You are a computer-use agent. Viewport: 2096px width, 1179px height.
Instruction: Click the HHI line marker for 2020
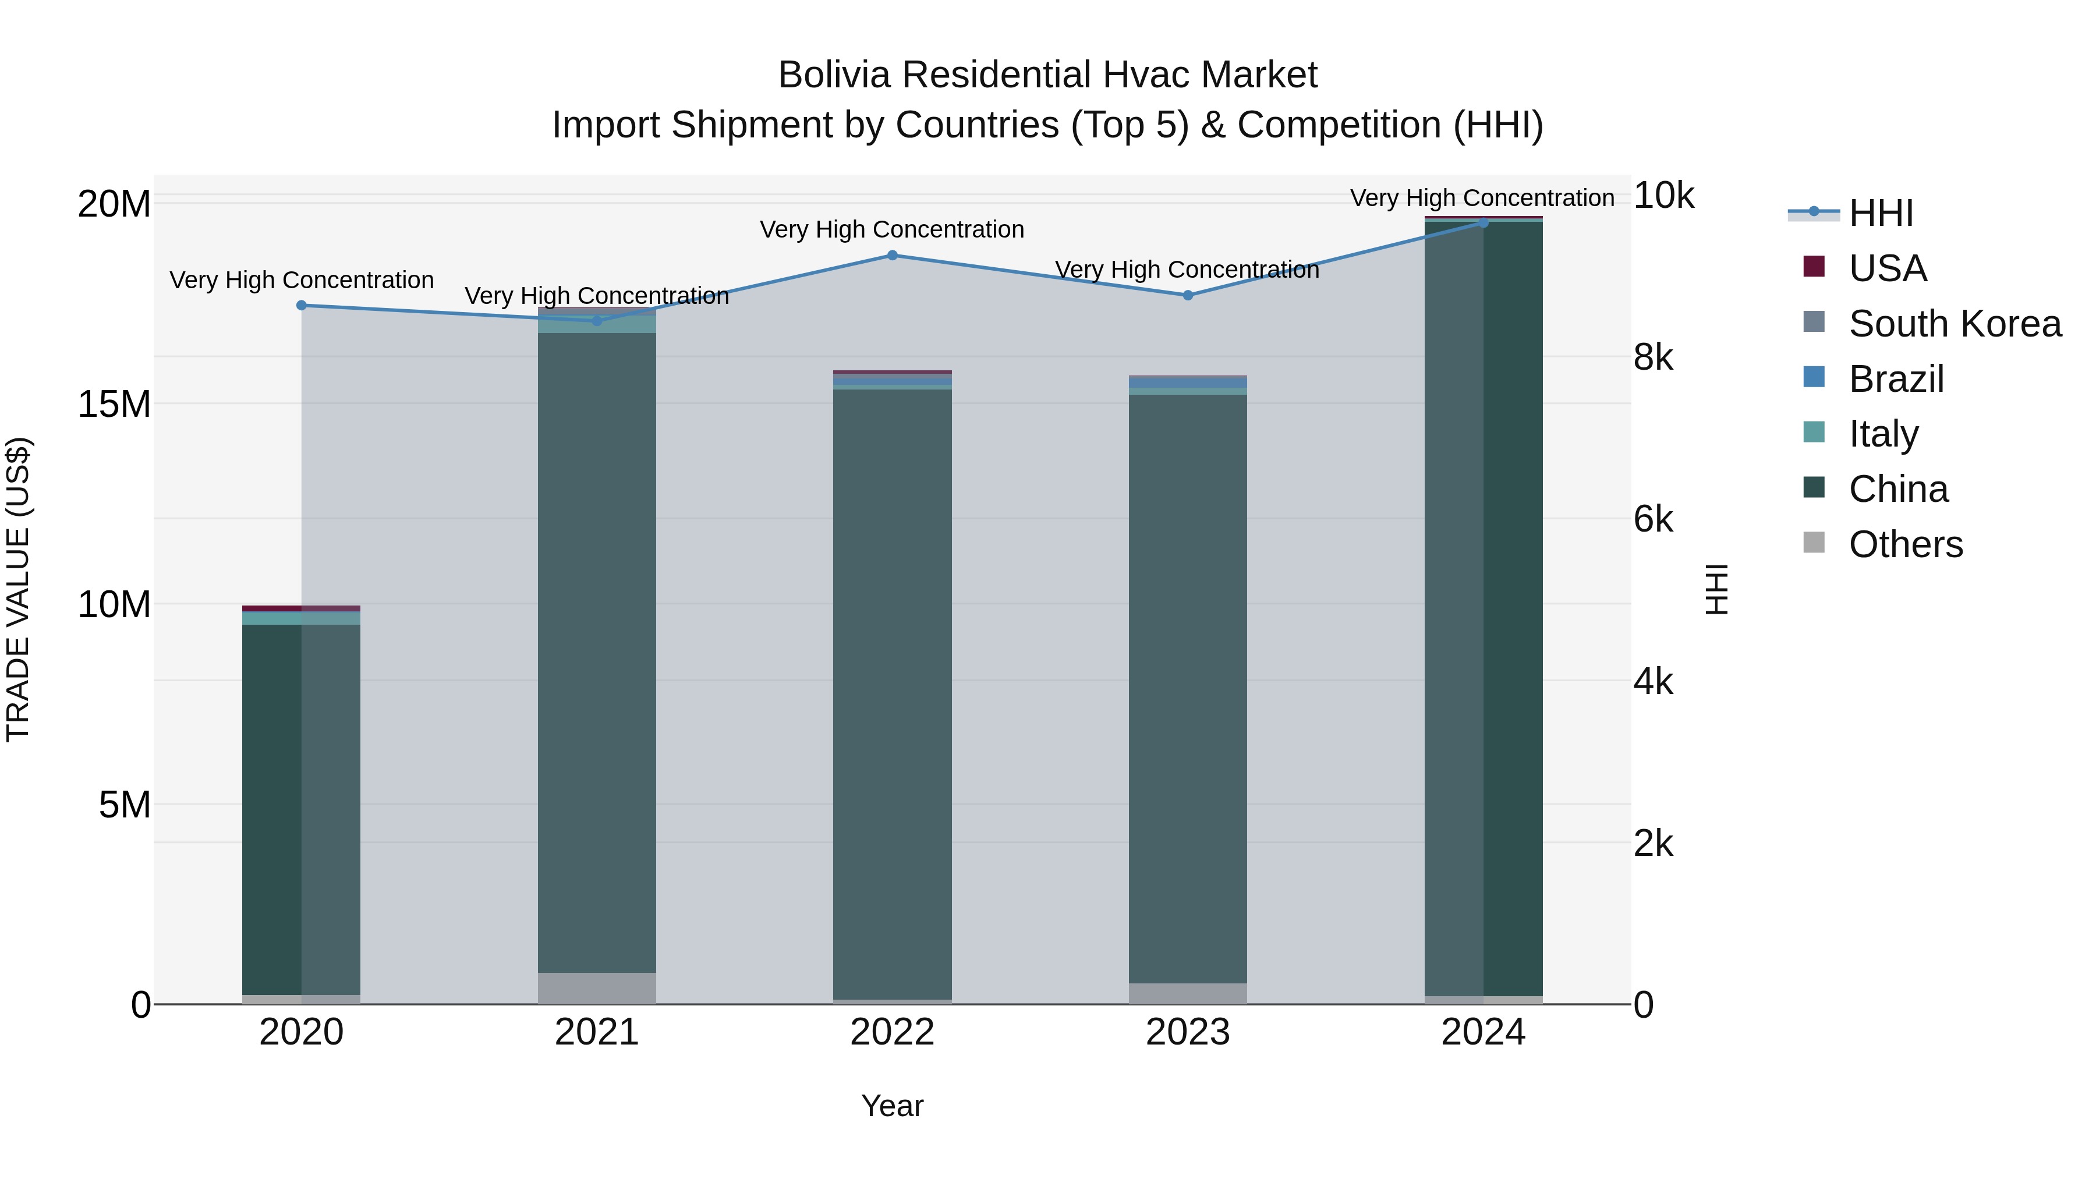click(x=301, y=305)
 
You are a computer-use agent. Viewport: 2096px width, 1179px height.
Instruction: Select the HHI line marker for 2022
click(x=892, y=256)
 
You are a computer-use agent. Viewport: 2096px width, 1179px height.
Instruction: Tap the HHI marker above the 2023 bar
click(x=1187, y=295)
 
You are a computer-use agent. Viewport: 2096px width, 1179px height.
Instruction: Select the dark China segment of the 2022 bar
click(x=892, y=692)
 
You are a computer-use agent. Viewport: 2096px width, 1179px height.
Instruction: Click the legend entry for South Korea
click(x=1955, y=324)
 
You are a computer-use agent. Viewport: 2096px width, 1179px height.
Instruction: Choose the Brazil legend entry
click(x=1896, y=379)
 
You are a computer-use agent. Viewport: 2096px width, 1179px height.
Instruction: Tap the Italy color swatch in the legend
click(x=1814, y=432)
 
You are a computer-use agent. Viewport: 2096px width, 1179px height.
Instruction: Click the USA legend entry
click(x=1887, y=268)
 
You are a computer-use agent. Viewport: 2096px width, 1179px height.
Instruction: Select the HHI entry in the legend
click(x=1881, y=213)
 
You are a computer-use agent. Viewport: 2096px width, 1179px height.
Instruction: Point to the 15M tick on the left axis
click(x=114, y=403)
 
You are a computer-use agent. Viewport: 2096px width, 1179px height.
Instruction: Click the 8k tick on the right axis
click(x=1652, y=357)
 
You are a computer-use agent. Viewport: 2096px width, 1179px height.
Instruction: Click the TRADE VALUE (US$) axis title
click(x=18, y=589)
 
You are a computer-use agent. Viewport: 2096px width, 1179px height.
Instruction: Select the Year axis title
click(x=892, y=1106)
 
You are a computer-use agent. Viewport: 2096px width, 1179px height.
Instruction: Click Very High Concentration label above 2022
click(x=892, y=229)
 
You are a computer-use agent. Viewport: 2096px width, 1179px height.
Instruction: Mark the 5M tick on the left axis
click(x=125, y=805)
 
